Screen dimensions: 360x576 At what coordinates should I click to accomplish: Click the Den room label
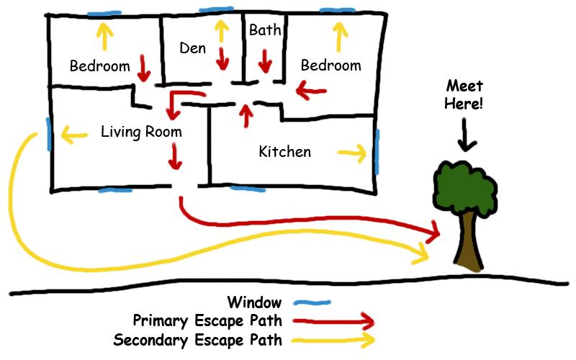(192, 48)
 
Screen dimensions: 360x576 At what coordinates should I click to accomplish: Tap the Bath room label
(264, 30)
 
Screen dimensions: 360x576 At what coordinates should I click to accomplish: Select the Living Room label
(141, 132)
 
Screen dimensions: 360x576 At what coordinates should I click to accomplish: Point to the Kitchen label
(285, 151)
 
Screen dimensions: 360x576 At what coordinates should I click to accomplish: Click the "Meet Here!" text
(464, 94)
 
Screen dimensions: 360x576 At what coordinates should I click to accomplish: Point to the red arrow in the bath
(265, 60)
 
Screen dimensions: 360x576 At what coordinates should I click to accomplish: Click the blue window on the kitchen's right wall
(376, 150)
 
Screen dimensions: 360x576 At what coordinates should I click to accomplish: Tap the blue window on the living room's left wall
(48, 133)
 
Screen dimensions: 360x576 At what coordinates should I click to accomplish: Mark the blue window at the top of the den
(217, 11)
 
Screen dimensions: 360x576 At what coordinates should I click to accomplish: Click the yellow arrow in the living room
(74, 132)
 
